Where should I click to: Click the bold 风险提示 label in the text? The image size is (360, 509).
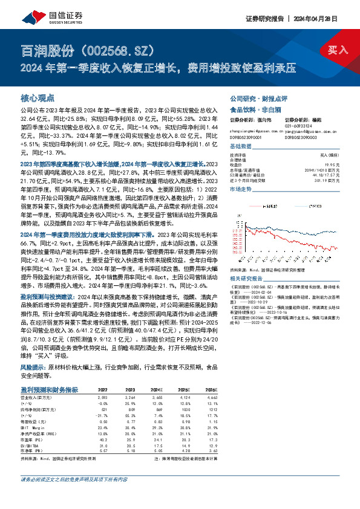[x=32, y=367]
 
